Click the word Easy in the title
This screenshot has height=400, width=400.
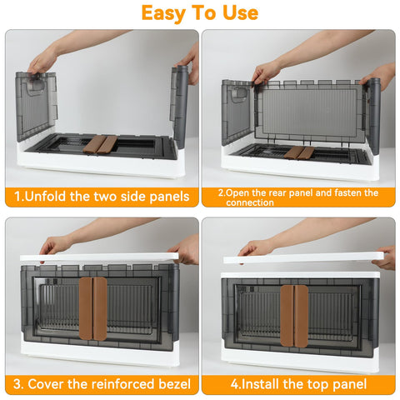(163, 13)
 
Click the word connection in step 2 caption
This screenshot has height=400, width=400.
(250, 202)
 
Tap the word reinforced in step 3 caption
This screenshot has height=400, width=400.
(123, 384)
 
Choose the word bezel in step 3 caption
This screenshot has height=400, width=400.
(174, 384)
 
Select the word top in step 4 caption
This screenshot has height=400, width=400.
(317, 384)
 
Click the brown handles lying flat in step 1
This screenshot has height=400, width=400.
(100, 144)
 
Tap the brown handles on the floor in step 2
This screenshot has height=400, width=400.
(299, 152)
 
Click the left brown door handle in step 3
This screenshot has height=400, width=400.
(86, 308)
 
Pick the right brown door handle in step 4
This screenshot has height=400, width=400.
(301, 316)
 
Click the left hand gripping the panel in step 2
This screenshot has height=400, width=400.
(266, 72)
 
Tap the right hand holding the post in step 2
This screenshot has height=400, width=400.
(381, 76)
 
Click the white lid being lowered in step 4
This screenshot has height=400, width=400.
(303, 257)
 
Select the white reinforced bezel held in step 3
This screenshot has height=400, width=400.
(99, 257)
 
